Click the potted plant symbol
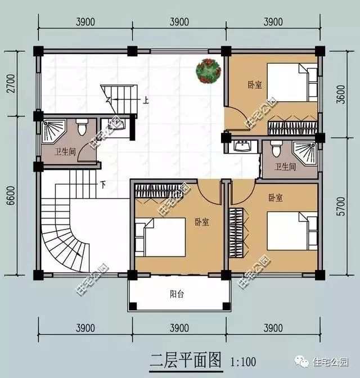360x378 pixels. pyautogui.click(x=208, y=71)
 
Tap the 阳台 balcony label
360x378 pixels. pyautogui.click(x=177, y=294)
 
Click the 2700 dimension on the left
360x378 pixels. pyautogui.click(x=11, y=83)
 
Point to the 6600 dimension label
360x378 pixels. pyautogui.click(x=11, y=196)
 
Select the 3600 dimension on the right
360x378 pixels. pyautogui.click(x=341, y=94)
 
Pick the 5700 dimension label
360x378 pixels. pyautogui.click(x=341, y=206)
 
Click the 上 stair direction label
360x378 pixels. pyautogui.click(x=145, y=100)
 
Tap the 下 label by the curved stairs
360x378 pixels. pyautogui.click(x=103, y=185)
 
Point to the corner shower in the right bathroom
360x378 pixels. pyautogui.click(x=304, y=154)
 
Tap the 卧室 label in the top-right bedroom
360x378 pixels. pyautogui.click(x=255, y=85)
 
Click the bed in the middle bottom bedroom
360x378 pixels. pyautogui.click(x=160, y=237)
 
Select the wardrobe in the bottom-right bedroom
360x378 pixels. pyautogui.click(x=236, y=233)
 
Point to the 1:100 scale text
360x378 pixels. pyautogui.click(x=243, y=362)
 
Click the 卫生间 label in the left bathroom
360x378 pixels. pyautogui.click(x=65, y=152)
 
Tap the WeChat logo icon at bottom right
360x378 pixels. pyautogui.click(x=301, y=362)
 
